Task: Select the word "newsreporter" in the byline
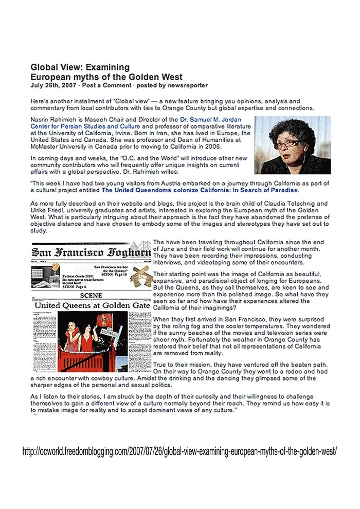pos(187,85)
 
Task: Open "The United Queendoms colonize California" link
pos(200,190)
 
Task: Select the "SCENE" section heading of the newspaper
pos(92,296)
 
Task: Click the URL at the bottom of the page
pos(179,452)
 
